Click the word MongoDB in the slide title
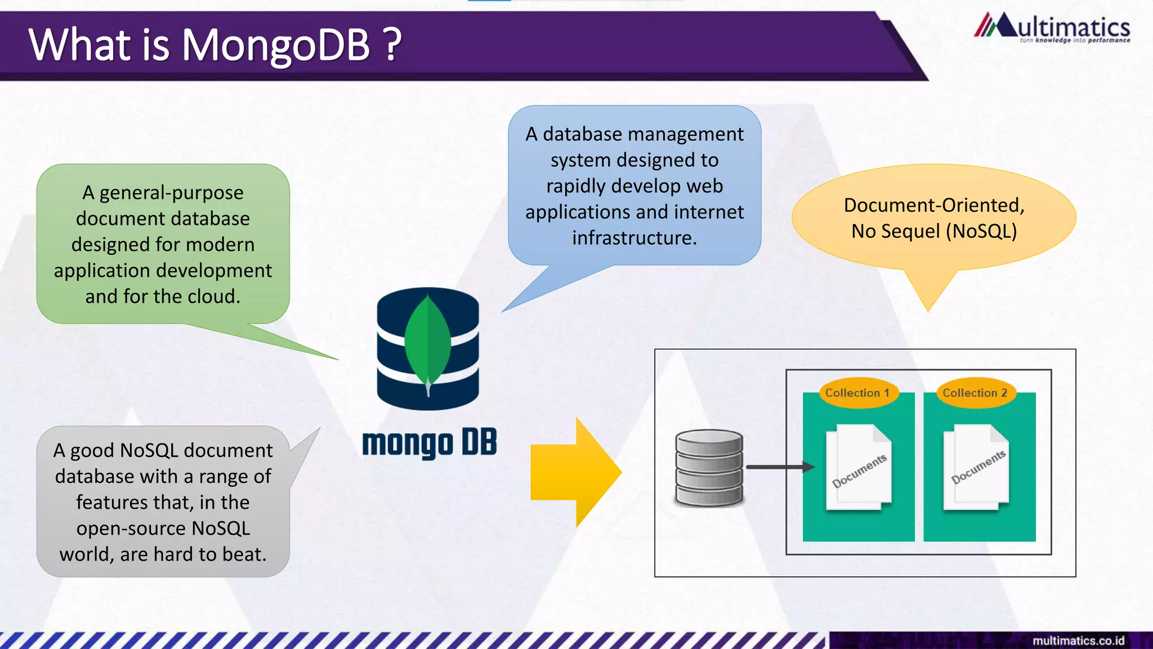click(x=275, y=45)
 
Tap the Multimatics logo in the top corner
click(x=1052, y=28)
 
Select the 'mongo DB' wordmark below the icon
click(x=429, y=443)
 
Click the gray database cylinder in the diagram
click(x=709, y=468)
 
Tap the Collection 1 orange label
click(x=857, y=393)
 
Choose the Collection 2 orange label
click(x=975, y=393)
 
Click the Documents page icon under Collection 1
click(x=859, y=468)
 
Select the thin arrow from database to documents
click(x=780, y=467)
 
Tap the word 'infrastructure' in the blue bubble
click(x=634, y=238)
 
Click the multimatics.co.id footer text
click(x=1078, y=641)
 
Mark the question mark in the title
click(x=393, y=45)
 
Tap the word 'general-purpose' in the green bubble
click(x=171, y=193)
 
